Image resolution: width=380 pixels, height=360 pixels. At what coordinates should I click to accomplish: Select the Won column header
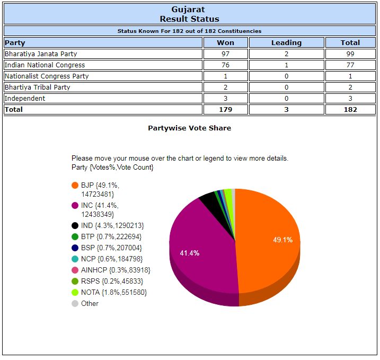[x=225, y=42]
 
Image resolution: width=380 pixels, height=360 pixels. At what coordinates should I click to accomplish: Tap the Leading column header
[x=286, y=42]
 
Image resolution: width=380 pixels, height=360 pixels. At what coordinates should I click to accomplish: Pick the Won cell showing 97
[x=225, y=54]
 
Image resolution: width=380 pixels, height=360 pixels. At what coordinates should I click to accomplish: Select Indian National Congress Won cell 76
[x=225, y=65]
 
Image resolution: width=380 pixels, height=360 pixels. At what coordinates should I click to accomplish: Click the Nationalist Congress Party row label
[x=47, y=76]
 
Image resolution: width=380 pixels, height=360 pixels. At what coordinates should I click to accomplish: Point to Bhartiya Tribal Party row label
[x=38, y=87]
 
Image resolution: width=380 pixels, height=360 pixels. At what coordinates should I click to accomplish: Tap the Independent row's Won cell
[x=225, y=98]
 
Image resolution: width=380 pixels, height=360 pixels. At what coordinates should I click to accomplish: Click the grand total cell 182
[x=350, y=109]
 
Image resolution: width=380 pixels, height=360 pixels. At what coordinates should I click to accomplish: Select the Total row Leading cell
[x=286, y=109]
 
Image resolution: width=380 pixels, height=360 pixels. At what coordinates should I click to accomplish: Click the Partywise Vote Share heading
[x=189, y=128]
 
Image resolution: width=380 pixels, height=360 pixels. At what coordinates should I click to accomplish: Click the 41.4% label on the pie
[x=190, y=253]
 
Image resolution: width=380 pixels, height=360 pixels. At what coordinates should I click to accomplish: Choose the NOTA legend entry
[x=113, y=292]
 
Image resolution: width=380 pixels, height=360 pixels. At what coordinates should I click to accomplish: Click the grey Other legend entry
[x=90, y=303]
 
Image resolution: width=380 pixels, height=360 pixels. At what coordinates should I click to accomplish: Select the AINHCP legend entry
[x=115, y=270]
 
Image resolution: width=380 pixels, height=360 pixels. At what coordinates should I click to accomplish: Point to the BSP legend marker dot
[x=75, y=248]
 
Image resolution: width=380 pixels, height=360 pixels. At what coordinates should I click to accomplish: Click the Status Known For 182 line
[x=189, y=31]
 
